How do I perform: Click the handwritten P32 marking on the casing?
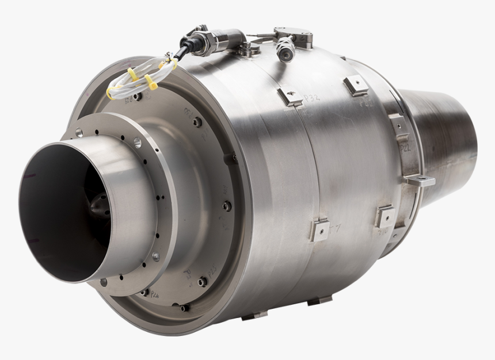311,98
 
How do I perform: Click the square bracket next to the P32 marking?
290,96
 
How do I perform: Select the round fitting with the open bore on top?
285,51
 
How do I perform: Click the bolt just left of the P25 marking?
203,281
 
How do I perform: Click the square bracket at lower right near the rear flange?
384,217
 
